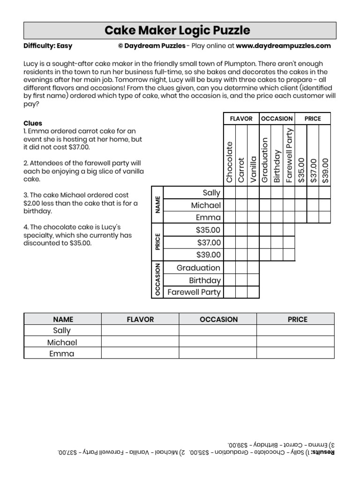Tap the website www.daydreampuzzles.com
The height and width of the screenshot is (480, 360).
click(283, 46)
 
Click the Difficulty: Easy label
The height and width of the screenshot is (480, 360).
click(48, 46)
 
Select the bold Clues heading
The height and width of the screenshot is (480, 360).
click(33, 123)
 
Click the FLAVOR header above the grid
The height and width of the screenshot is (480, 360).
click(241, 119)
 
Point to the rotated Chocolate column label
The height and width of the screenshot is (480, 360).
click(229, 162)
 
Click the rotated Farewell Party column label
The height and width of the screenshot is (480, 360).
click(289, 155)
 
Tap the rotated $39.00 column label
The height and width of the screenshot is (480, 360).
click(325, 170)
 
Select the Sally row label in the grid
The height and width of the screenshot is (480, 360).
click(211, 193)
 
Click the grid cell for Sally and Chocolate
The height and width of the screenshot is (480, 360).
click(229, 193)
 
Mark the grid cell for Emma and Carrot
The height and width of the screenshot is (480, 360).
click(241, 217)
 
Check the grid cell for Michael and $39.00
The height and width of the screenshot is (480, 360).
click(325, 205)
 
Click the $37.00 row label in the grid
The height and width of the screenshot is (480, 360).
click(208, 243)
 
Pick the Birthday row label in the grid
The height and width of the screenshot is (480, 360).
click(204, 280)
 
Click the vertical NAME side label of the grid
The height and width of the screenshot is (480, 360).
click(158, 205)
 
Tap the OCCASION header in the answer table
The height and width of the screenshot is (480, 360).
click(218, 319)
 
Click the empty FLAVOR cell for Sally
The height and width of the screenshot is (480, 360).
click(140, 330)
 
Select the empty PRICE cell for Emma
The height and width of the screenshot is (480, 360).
click(295, 353)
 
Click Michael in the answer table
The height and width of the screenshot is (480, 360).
click(62, 342)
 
